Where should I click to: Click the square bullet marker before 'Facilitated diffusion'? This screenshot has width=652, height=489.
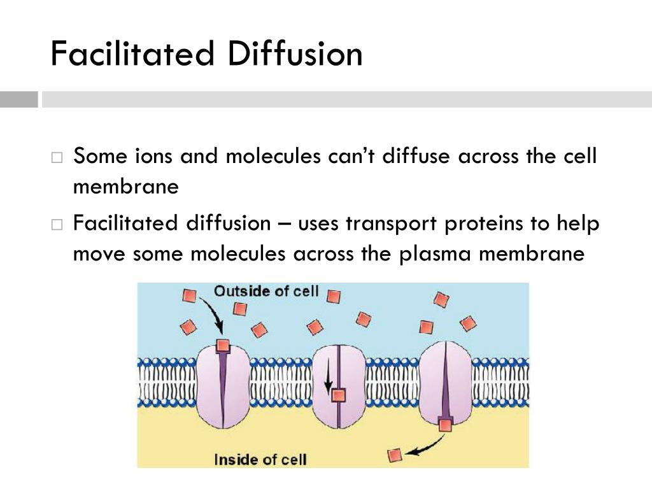57,225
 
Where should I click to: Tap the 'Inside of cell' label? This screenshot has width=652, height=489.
260,459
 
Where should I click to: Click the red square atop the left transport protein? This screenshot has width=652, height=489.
222,346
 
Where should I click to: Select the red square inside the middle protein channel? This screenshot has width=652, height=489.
339,395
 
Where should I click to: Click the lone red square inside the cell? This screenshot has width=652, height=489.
396,455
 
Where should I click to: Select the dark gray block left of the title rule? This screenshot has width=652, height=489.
18,100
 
